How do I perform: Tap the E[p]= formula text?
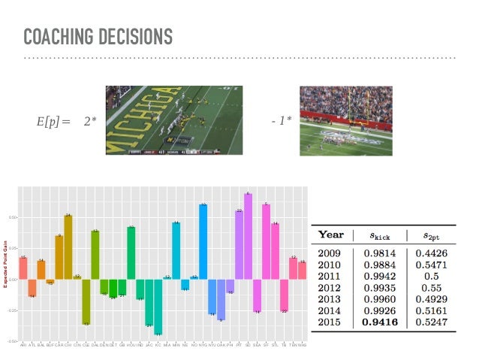(x=52, y=120)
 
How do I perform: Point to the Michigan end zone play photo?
(x=173, y=120)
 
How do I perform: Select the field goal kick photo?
(x=345, y=120)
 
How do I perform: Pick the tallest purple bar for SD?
(x=248, y=236)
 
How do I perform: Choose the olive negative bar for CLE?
(x=86, y=301)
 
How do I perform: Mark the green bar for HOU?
(x=131, y=252)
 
